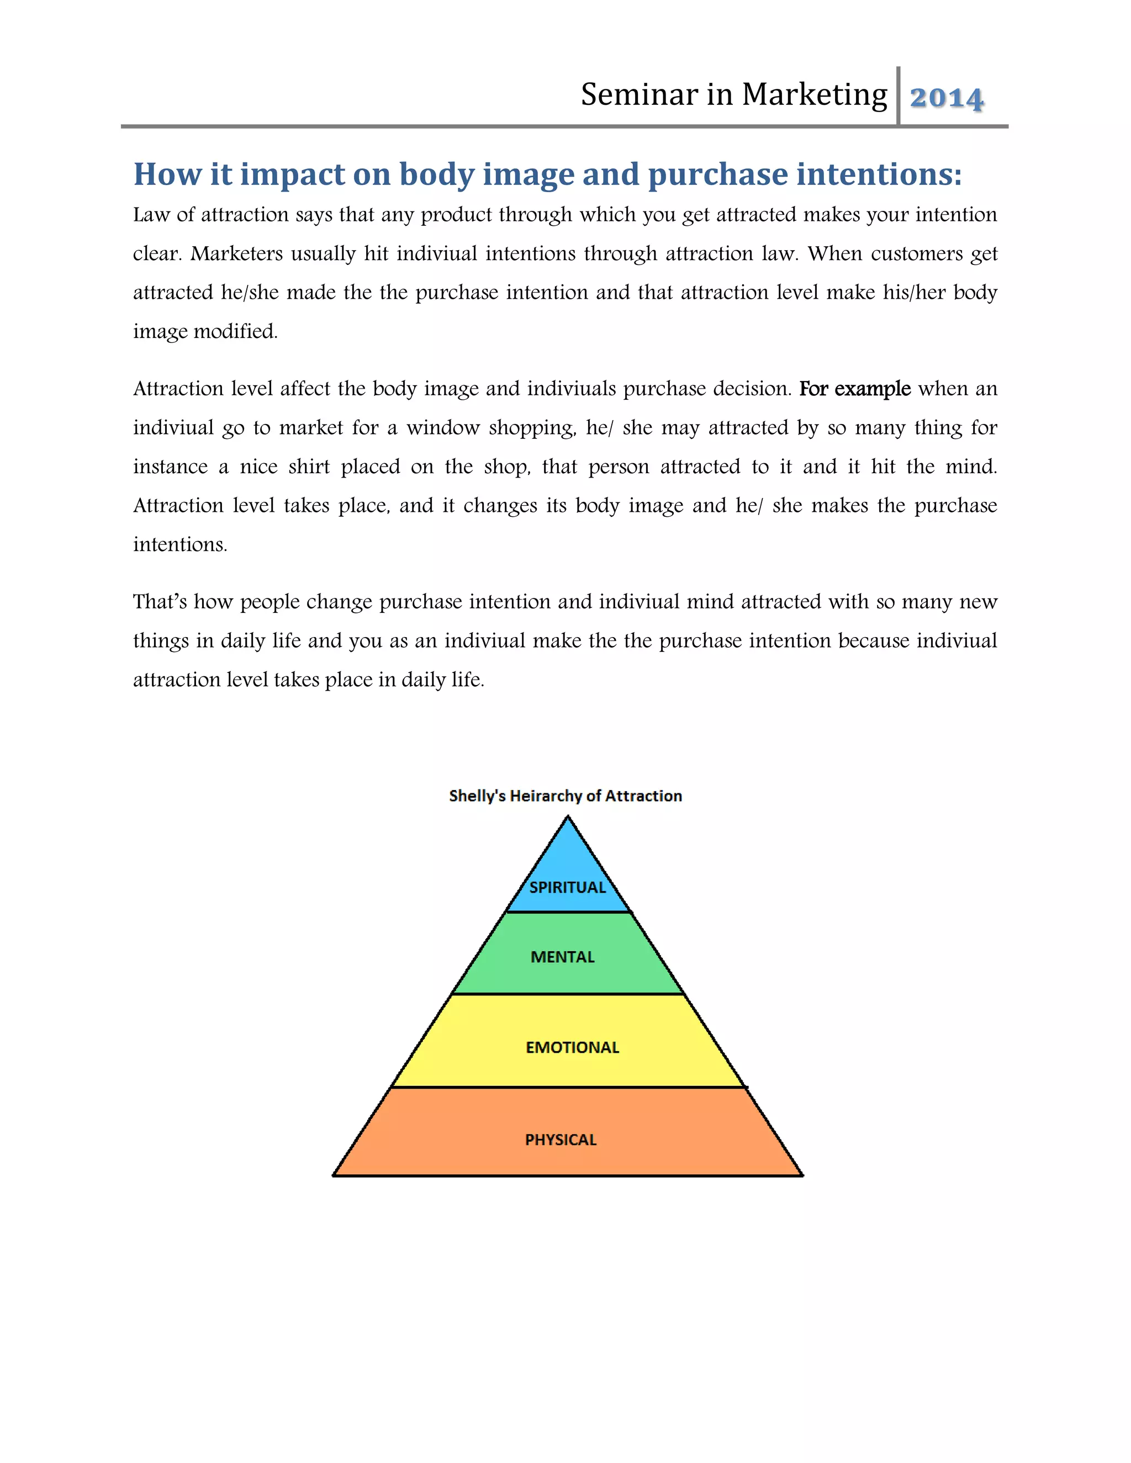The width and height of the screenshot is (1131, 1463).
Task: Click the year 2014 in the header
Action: coord(946,98)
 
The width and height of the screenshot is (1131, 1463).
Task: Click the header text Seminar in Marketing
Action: coord(734,94)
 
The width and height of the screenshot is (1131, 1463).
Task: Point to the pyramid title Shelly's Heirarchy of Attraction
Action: coord(565,796)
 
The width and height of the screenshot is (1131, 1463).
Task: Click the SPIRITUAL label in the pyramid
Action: coord(568,888)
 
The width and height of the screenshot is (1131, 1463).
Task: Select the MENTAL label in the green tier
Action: coord(563,957)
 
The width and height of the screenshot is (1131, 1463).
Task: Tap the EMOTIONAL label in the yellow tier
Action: coord(572,1048)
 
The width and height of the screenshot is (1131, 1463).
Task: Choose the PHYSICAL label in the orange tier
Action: coord(561,1140)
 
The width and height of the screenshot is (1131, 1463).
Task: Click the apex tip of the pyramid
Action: coord(568,816)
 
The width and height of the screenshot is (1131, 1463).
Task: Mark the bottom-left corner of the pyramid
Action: coord(334,1175)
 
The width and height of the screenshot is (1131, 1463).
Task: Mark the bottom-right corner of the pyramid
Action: coord(802,1175)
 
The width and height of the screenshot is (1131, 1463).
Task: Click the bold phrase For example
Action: coord(855,389)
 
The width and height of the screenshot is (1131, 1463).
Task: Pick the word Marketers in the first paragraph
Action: coord(236,254)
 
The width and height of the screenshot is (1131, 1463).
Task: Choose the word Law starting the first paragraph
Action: coord(151,215)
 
